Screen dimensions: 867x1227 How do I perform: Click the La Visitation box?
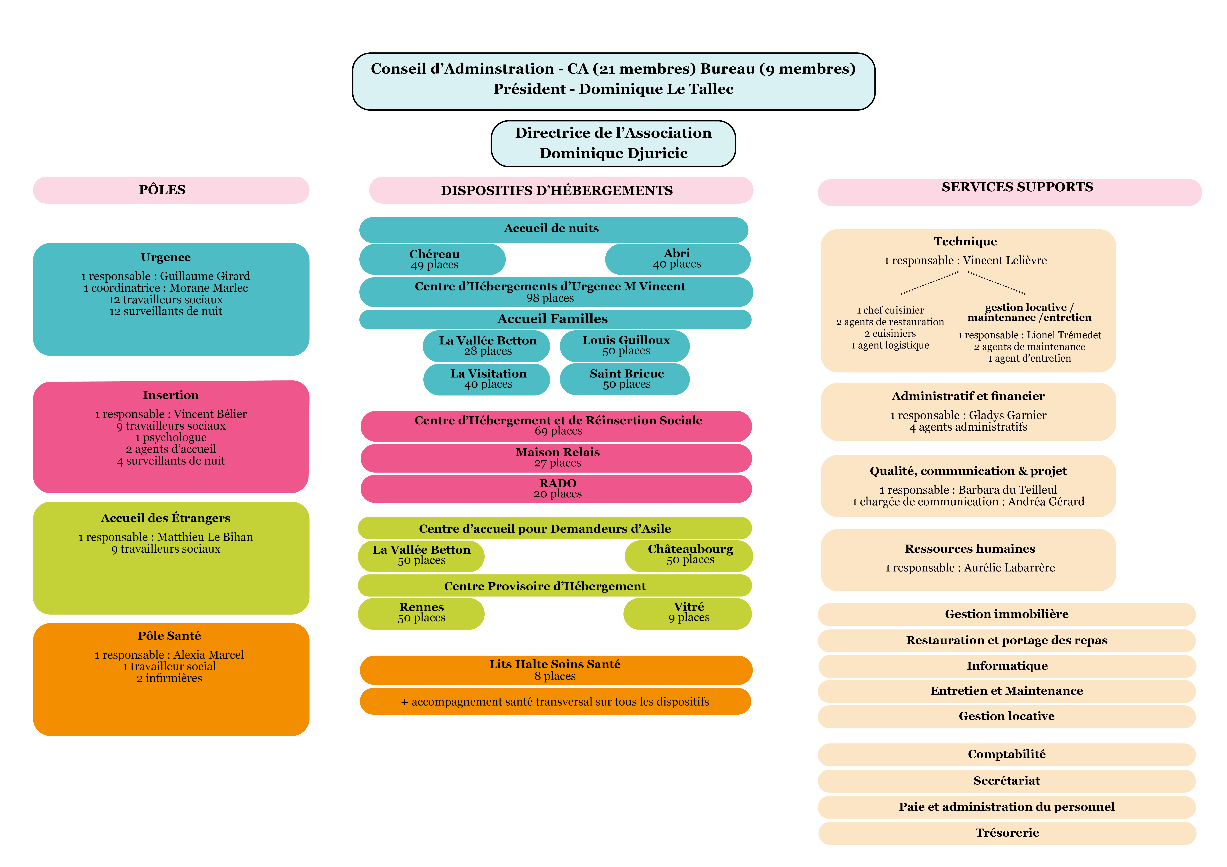pyautogui.click(x=487, y=379)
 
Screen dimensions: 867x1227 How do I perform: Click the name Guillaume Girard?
pyautogui.click(x=205, y=276)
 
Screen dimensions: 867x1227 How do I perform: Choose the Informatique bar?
pyautogui.click(x=1007, y=666)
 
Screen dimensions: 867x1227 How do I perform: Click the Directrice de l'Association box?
pyautogui.click(x=613, y=143)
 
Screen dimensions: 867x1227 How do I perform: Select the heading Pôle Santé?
pyautogui.click(x=169, y=636)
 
